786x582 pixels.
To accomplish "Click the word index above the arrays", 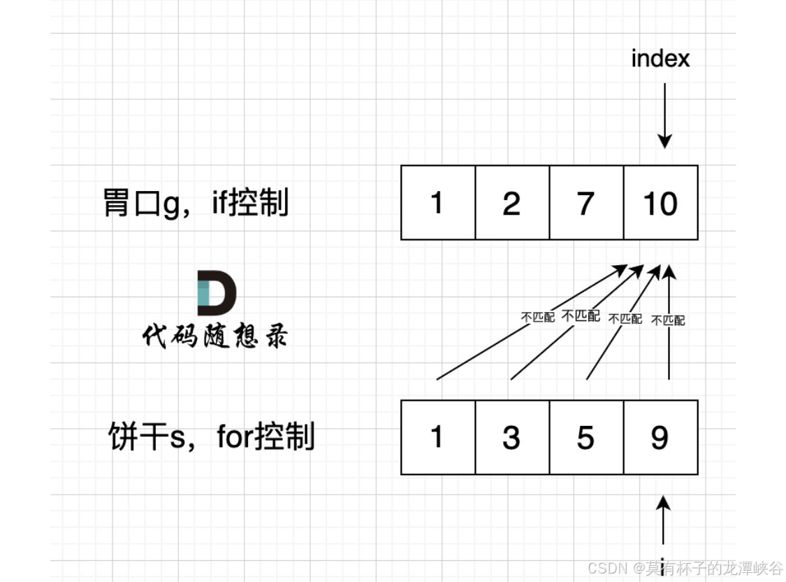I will pos(660,59).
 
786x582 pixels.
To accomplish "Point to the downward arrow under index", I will pos(664,115).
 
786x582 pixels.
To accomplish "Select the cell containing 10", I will pos(660,203).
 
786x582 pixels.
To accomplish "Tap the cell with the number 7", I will pos(585,203).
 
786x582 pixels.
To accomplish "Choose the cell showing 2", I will pos(511,203).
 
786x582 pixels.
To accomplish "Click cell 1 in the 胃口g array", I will pos(437,203).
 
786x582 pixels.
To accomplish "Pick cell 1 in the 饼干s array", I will pos(437,437).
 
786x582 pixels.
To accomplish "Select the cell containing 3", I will pos(511,437).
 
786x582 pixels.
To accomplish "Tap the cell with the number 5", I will pos(585,437).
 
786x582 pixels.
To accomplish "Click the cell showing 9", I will pos(660,437).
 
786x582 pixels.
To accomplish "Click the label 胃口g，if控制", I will pos(196,204).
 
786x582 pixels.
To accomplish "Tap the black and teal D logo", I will pos(216,292).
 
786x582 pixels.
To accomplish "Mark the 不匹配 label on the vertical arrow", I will pos(668,320).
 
